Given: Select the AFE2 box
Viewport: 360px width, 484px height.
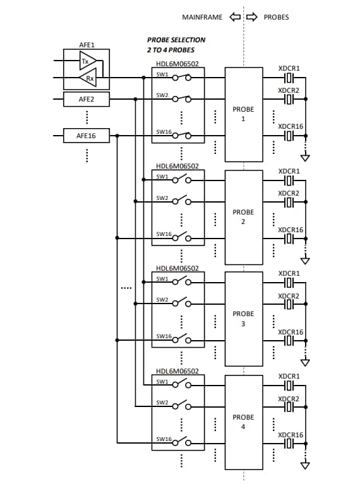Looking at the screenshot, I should tap(86, 99).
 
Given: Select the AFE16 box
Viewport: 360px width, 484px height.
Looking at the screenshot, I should tap(86, 135).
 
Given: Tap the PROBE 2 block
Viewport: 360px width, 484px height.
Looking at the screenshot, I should tap(243, 216).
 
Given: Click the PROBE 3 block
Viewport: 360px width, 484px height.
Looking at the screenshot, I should tap(243, 319).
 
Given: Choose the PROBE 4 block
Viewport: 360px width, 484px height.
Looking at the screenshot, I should tap(243, 422).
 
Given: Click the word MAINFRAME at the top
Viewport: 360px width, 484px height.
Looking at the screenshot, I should tap(202, 17).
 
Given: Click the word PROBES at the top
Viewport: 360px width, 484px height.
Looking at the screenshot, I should tap(275, 17).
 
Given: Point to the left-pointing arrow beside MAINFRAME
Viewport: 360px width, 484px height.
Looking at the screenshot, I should tap(234, 17).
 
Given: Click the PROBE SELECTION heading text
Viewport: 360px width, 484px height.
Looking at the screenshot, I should tap(176, 40).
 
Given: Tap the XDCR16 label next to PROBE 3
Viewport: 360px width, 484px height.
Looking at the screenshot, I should tap(290, 332).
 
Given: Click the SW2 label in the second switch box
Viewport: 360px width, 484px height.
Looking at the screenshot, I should tap(163, 198).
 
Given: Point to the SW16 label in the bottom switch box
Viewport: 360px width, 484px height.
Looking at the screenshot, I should tap(164, 439).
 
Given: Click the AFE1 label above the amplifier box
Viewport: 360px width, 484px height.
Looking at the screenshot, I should tap(87, 45).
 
